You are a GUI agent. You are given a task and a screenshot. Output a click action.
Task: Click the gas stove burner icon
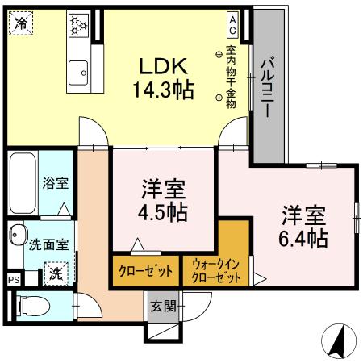pyautogui.click(x=80, y=27)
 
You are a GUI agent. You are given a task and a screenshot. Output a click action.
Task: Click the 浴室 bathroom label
pyautogui.click(x=55, y=184)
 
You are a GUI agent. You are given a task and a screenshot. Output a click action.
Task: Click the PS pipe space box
pyautogui.click(x=13, y=279)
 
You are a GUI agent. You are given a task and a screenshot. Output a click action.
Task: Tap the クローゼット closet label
pyautogui.click(x=139, y=269)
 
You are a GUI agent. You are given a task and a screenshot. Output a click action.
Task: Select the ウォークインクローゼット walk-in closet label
pyautogui.click(x=215, y=269)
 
